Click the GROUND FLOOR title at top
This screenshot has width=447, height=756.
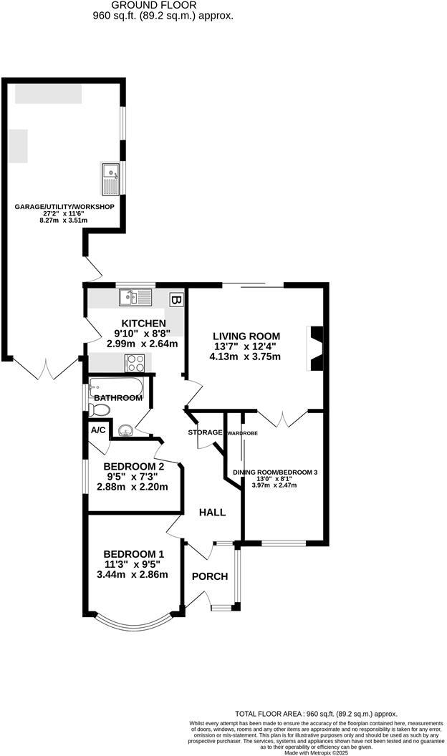(x=164, y=5)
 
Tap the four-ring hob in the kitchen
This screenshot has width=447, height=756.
(x=136, y=363)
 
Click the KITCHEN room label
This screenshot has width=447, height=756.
(x=143, y=324)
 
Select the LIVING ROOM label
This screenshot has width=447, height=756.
(x=245, y=336)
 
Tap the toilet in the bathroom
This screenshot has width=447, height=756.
(x=100, y=409)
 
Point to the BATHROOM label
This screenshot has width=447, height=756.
(x=118, y=397)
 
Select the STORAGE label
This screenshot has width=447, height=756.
(x=206, y=432)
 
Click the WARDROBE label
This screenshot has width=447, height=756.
(x=242, y=434)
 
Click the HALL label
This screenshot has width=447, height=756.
(x=213, y=513)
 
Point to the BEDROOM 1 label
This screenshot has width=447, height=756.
(x=135, y=554)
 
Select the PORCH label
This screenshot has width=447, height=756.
(x=209, y=576)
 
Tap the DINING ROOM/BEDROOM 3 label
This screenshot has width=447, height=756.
(x=275, y=472)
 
